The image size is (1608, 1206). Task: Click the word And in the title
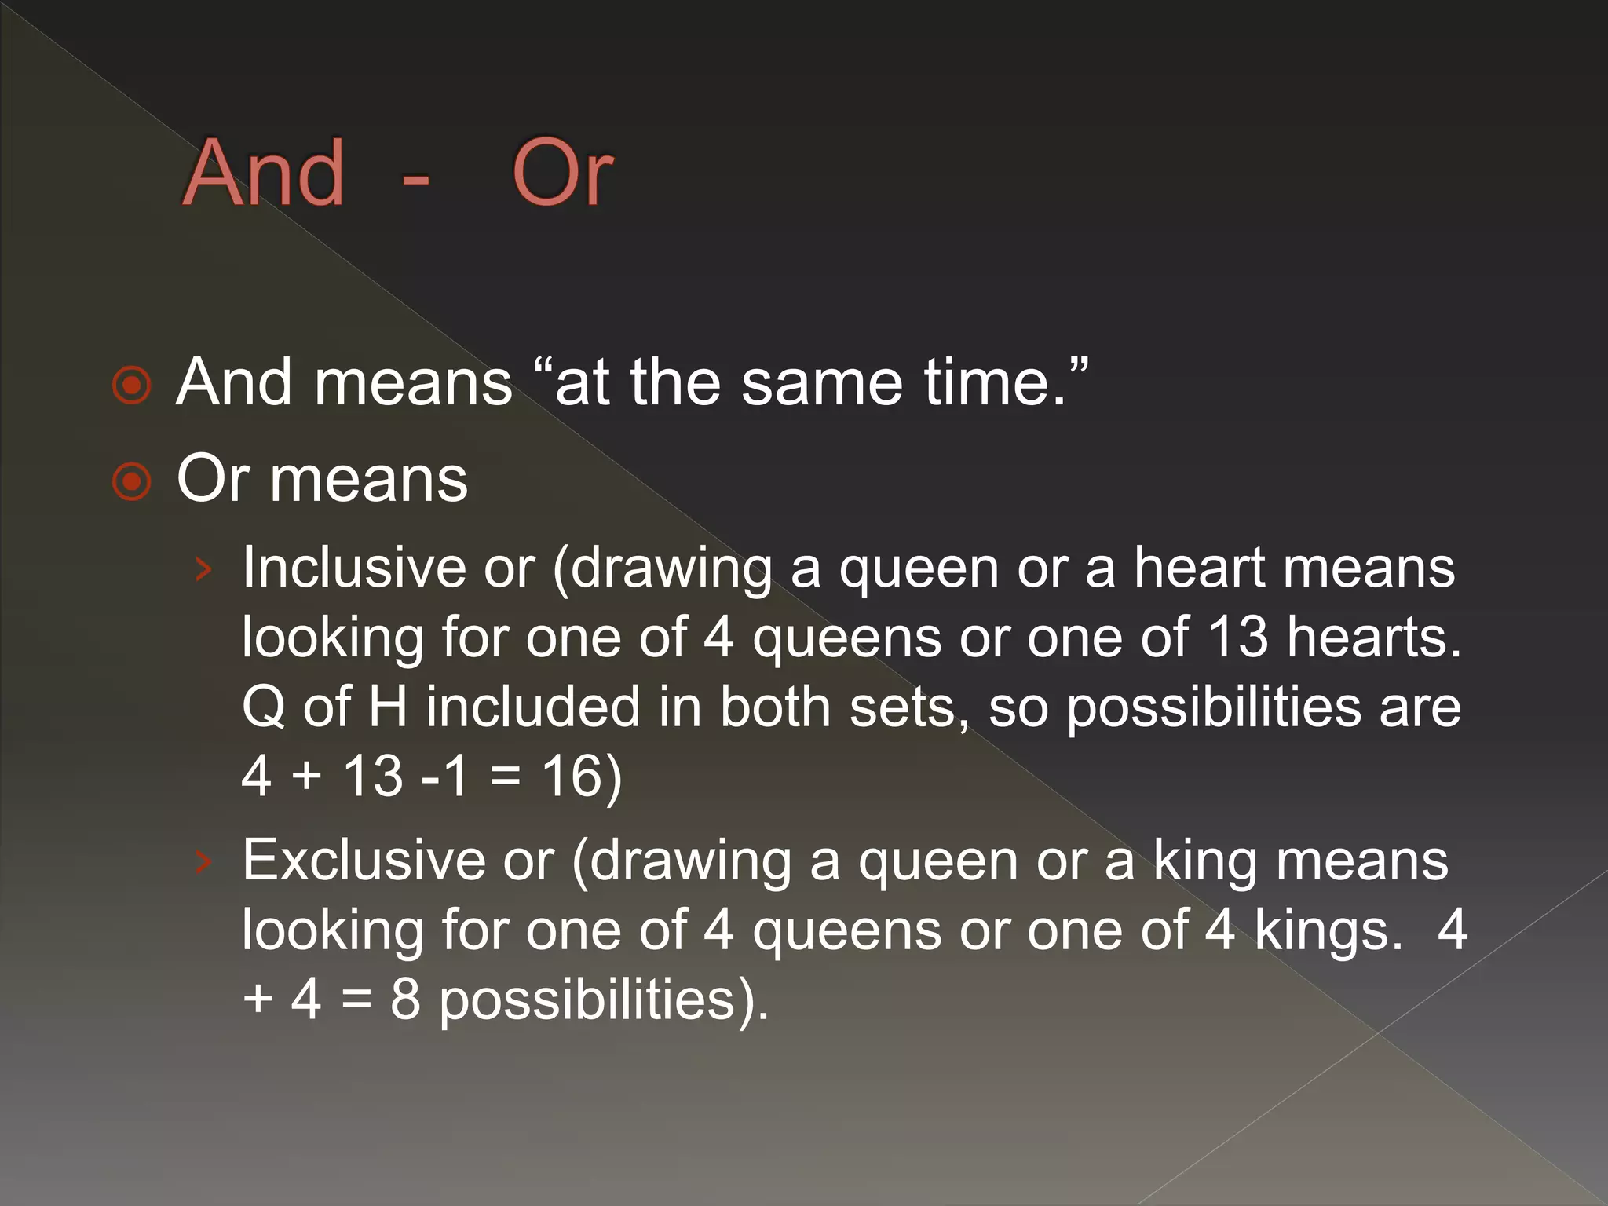[x=264, y=173]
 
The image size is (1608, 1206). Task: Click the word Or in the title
[x=562, y=173]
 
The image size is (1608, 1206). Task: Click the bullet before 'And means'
[x=131, y=386]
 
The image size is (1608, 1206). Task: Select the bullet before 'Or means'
[x=131, y=482]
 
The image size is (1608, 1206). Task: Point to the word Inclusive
[x=353, y=567]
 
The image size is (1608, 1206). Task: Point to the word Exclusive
[x=362, y=861]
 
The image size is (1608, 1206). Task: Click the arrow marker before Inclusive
[x=203, y=568]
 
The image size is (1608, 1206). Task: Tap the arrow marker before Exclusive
[x=203, y=862]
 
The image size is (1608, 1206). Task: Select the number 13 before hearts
[x=1237, y=636]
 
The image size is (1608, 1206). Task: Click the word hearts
[x=1373, y=636]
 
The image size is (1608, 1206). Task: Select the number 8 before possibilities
[x=405, y=1000]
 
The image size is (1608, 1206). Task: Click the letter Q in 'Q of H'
[x=264, y=707]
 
